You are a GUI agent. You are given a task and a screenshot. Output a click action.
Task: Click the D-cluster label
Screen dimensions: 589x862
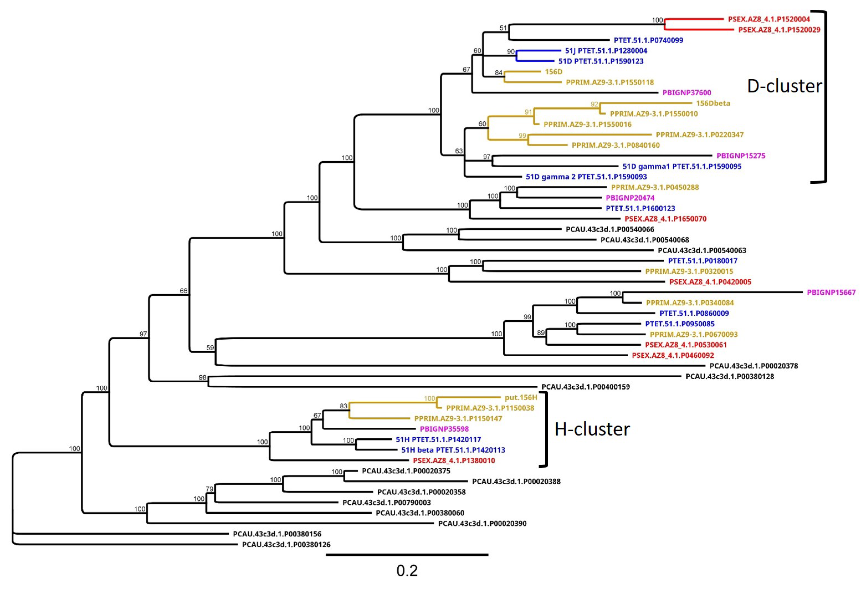click(x=784, y=86)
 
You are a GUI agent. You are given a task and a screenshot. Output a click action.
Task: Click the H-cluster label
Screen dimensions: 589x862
click(x=592, y=429)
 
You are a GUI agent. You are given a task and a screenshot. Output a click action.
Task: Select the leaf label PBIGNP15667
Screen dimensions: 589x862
click(x=831, y=293)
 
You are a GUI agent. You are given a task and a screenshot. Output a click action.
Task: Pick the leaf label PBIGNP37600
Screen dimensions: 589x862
click(x=686, y=93)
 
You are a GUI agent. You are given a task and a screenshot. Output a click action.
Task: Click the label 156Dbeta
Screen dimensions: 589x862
click(x=713, y=103)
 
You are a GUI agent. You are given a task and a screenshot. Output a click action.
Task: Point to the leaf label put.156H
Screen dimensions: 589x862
click(x=521, y=398)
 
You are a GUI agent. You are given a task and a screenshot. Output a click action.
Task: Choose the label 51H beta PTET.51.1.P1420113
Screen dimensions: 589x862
click(x=453, y=450)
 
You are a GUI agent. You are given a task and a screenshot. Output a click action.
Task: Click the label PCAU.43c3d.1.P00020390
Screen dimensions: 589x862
click(x=482, y=524)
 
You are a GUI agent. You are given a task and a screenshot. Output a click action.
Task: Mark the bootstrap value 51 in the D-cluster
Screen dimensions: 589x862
click(x=503, y=28)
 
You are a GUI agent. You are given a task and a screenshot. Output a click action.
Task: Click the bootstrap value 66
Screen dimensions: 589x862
click(x=183, y=291)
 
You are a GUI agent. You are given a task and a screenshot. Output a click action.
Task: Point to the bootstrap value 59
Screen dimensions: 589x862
click(x=210, y=348)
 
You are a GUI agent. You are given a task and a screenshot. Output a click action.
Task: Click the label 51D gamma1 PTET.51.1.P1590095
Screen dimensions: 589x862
click(x=682, y=166)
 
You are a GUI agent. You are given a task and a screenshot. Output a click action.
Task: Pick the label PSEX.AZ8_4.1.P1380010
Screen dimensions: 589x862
click(x=454, y=460)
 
